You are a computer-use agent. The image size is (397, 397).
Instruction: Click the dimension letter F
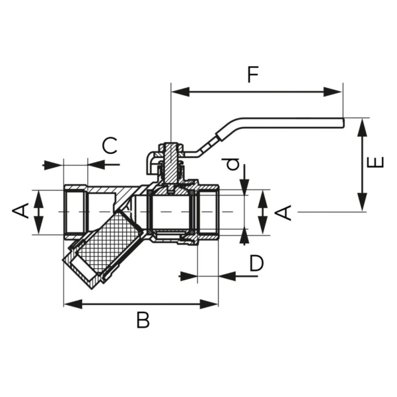(x=252, y=75)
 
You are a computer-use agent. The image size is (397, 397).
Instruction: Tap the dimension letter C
(x=110, y=145)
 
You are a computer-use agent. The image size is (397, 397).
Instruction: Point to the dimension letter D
(x=256, y=264)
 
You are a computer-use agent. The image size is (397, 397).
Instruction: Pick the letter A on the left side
(x=21, y=211)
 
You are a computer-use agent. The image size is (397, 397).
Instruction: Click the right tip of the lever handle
(x=342, y=121)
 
